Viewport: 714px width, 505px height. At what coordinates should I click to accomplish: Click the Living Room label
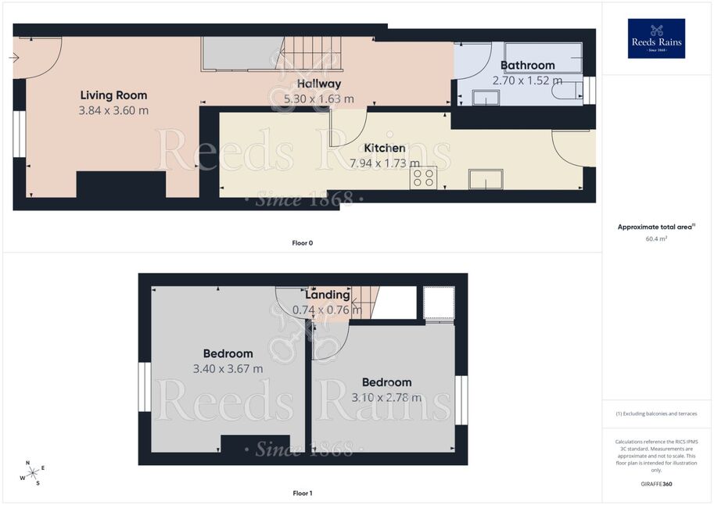pyautogui.click(x=114, y=95)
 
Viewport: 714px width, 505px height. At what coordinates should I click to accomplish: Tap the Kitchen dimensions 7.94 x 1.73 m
pyautogui.click(x=385, y=163)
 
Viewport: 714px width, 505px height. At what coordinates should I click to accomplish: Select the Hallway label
pyautogui.click(x=319, y=84)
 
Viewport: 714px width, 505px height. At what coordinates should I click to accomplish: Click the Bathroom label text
pyautogui.click(x=528, y=65)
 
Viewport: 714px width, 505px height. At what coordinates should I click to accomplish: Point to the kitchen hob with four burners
pyautogui.click(x=424, y=178)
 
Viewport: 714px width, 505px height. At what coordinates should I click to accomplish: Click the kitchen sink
pyautogui.click(x=486, y=179)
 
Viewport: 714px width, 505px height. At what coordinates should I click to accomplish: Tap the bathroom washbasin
pyautogui.click(x=486, y=98)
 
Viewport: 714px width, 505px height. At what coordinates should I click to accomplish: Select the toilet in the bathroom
pyautogui.click(x=567, y=91)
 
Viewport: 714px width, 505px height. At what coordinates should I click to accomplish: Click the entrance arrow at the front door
pyautogui.click(x=13, y=58)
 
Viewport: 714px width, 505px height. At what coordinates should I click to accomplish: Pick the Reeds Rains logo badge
pyautogui.click(x=656, y=38)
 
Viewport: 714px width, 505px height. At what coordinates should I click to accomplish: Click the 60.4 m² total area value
pyautogui.click(x=656, y=238)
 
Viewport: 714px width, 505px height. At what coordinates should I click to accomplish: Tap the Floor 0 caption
pyautogui.click(x=303, y=243)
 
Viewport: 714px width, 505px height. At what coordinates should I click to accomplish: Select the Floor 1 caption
pyautogui.click(x=303, y=493)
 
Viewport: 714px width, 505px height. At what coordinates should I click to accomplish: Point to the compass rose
pyautogui.click(x=32, y=474)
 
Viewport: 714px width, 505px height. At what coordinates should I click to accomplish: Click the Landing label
pyautogui.click(x=328, y=295)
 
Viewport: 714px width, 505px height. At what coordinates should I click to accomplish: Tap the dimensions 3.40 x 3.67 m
pyautogui.click(x=228, y=369)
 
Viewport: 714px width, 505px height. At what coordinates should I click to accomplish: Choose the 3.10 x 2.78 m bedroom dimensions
pyautogui.click(x=386, y=398)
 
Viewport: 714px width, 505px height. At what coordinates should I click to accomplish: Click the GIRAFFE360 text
pyautogui.click(x=656, y=484)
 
